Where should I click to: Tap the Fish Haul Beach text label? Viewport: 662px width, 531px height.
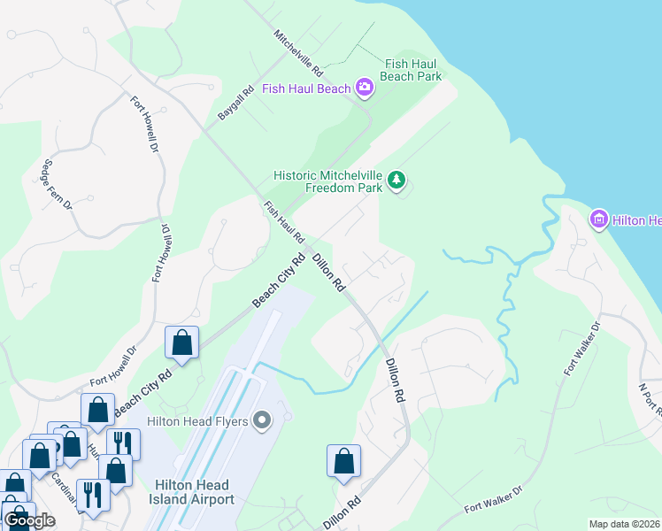(307, 88)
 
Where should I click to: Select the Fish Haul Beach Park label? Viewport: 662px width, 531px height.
(411, 70)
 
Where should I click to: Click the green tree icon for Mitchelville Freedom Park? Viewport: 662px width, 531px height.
(398, 181)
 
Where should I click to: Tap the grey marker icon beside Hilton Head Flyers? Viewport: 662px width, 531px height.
(261, 420)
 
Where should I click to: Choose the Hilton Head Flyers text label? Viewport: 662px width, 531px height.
(197, 420)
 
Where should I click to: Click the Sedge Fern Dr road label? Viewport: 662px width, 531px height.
(56, 183)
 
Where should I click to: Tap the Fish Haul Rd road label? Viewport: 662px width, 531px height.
(283, 222)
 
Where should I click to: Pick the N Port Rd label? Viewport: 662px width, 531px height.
(650, 399)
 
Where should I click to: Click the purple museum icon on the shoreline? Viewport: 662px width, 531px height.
(598, 219)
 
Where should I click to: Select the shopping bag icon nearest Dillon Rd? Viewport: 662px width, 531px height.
(343, 461)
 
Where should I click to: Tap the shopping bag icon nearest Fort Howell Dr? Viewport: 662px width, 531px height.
(181, 343)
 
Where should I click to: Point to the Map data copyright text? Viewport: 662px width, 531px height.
(625, 524)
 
